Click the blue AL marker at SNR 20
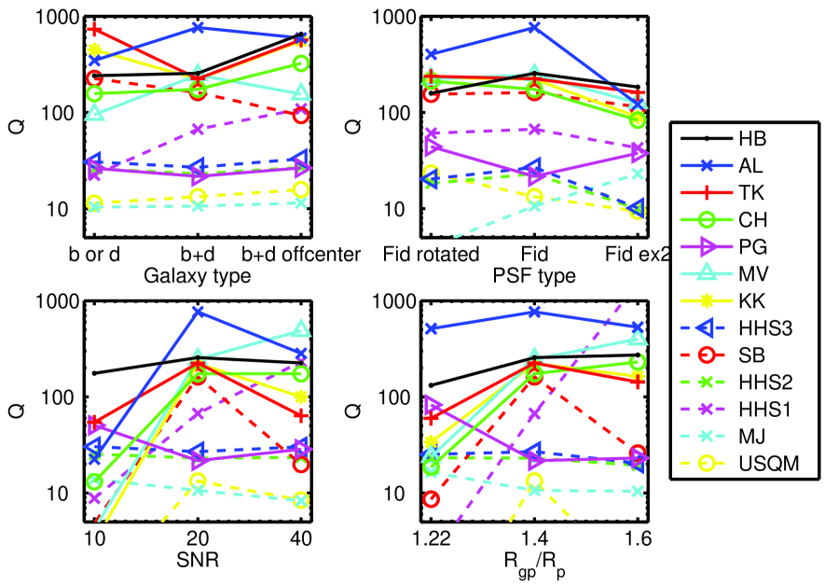coord(198,312)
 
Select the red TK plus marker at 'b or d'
coord(94,31)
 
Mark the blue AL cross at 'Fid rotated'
coord(431,55)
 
